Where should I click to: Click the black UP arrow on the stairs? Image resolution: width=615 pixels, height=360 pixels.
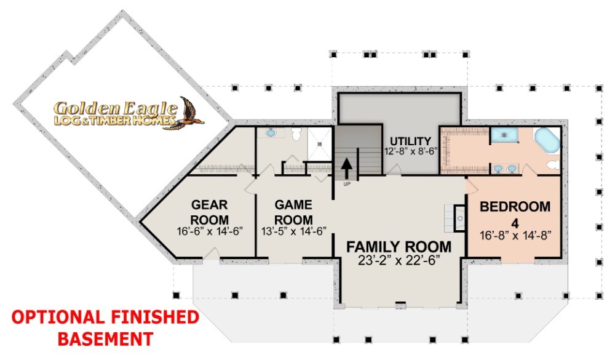pyautogui.click(x=346, y=169)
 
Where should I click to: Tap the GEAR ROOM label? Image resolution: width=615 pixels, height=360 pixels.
pyautogui.click(x=210, y=212)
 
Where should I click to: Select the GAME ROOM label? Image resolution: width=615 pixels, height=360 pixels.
pyautogui.click(x=294, y=212)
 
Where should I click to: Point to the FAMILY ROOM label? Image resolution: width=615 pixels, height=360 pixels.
pyautogui.click(x=399, y=247)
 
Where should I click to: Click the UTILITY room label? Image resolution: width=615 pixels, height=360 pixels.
pyautogui.click(x=410, y=141)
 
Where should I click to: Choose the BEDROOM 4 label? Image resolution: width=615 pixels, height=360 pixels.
pyautogui.click(x=515, y=214)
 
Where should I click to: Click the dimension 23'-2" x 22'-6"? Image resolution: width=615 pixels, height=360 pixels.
pyautogui.click(x=399, y=260)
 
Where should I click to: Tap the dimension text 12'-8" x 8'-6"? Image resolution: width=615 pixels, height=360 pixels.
pyautogui.click(x=411, y=151)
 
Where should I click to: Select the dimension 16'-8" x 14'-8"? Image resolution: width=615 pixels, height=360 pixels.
pyautogui.click(x=515, y=235)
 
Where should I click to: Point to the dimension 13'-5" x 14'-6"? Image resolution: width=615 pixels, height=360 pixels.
pyautogui.click(x=294, y=231)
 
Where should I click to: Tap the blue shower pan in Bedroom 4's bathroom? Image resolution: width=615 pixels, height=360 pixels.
pyautogui.click(x=504, y=135)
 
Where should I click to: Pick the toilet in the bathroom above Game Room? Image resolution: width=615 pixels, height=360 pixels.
pyautogui.click(x=296, y=135)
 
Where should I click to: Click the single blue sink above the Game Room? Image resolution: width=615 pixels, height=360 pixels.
pyautogui.click(x=271, y=133)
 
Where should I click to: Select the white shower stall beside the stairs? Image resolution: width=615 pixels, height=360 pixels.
pyautogui.click(x=319, y=143)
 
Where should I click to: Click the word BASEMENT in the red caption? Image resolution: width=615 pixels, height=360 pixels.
pyautogui.click(x=106, y=338)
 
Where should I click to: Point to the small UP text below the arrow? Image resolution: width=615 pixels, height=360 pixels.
pyautogui.click(x=347, y=184)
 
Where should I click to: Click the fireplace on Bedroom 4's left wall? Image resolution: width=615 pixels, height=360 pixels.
pyautogui.click(x=459, y=218)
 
